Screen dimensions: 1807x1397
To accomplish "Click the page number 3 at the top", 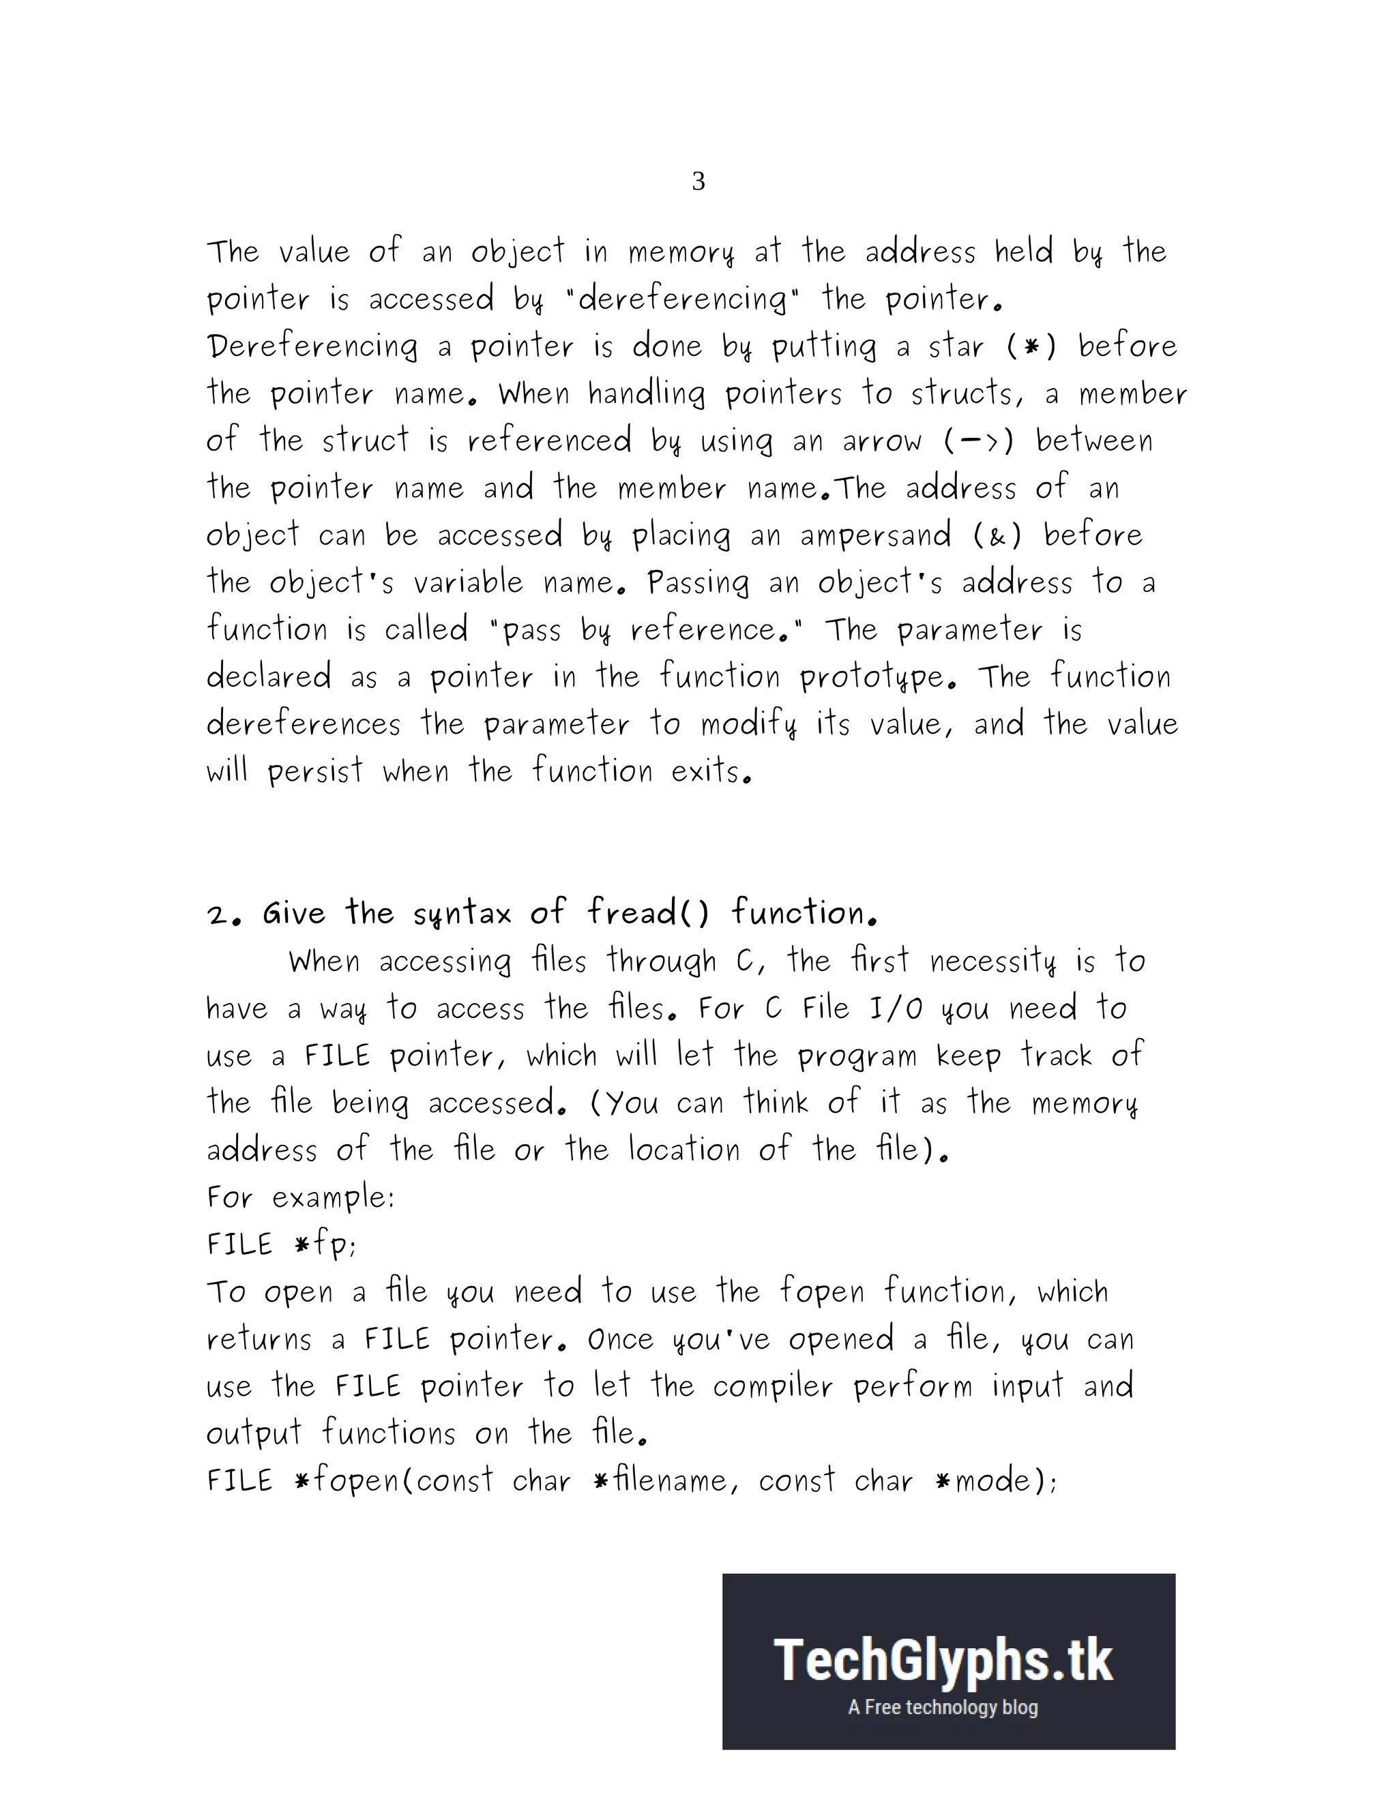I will pos(698,181).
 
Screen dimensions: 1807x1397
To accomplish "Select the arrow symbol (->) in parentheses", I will pos(978,441).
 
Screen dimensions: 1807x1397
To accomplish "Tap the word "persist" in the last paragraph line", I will pos(315,772).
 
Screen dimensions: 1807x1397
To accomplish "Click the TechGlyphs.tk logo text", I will pos(943,1660).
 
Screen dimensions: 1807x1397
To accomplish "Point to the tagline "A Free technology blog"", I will pos(943,1707).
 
